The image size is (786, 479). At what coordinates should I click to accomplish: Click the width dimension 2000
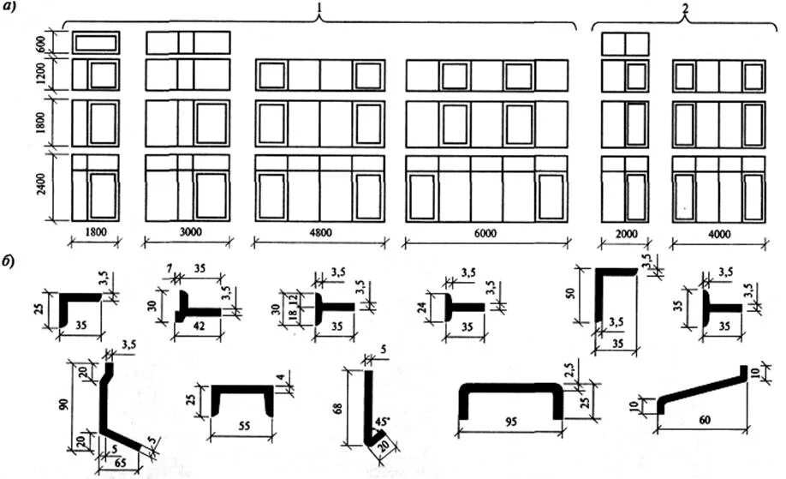coord(624,231)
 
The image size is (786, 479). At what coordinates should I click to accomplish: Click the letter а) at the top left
coord(33,9)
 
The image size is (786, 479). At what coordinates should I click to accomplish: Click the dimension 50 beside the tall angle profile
coord(583,294)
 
